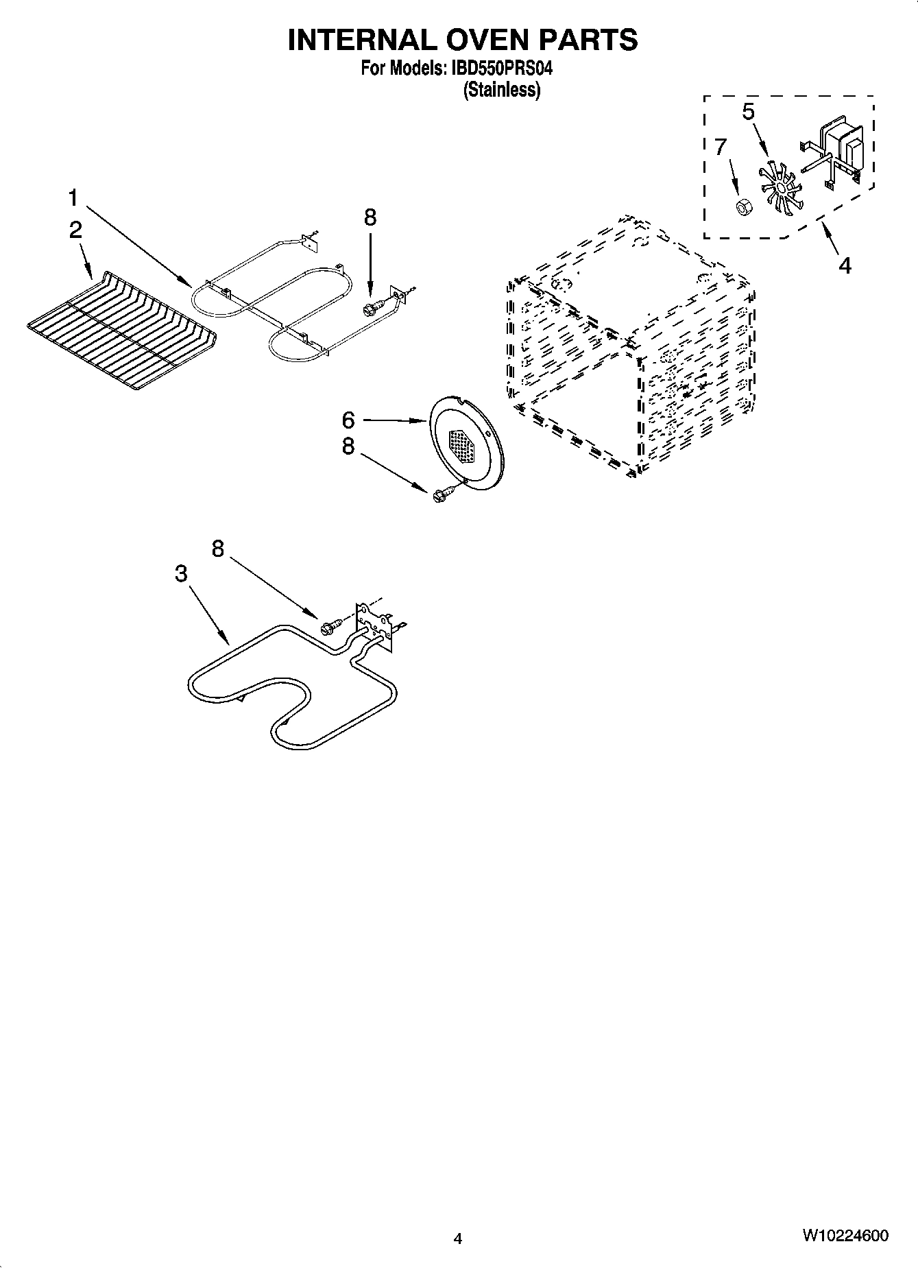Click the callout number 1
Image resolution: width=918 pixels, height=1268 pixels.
coord(73,199)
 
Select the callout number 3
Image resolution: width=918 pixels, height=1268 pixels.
coord(181,573)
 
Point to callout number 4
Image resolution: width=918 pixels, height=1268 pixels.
coord(845,265)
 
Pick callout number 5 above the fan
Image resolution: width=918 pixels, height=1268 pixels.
coord(749,112)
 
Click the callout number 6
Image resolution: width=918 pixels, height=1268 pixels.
coord(348,420)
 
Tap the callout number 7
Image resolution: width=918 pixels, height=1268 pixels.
coord(720,147)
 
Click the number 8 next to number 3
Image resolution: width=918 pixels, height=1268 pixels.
coord(218,549)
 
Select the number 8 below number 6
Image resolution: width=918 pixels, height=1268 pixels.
coord(348,446)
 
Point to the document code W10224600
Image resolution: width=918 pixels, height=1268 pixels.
coord(845,1236)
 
